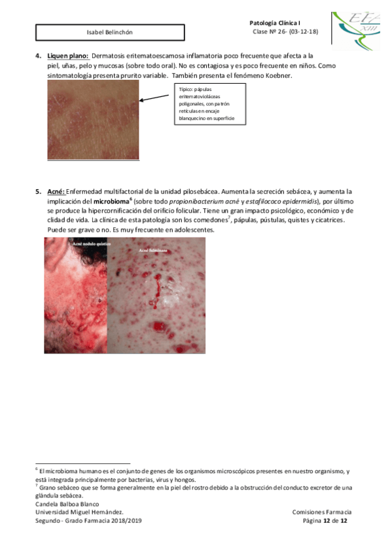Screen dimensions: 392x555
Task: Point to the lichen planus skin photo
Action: pyautogui.click(x=93, y=120)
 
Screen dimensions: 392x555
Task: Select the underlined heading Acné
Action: pyautogui.click(x=56, y=191)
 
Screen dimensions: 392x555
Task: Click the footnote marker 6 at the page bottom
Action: pyautogui.click(x=37, y=469)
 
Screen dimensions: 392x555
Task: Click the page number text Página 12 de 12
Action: pyautogui.click(x=326, y=520)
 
